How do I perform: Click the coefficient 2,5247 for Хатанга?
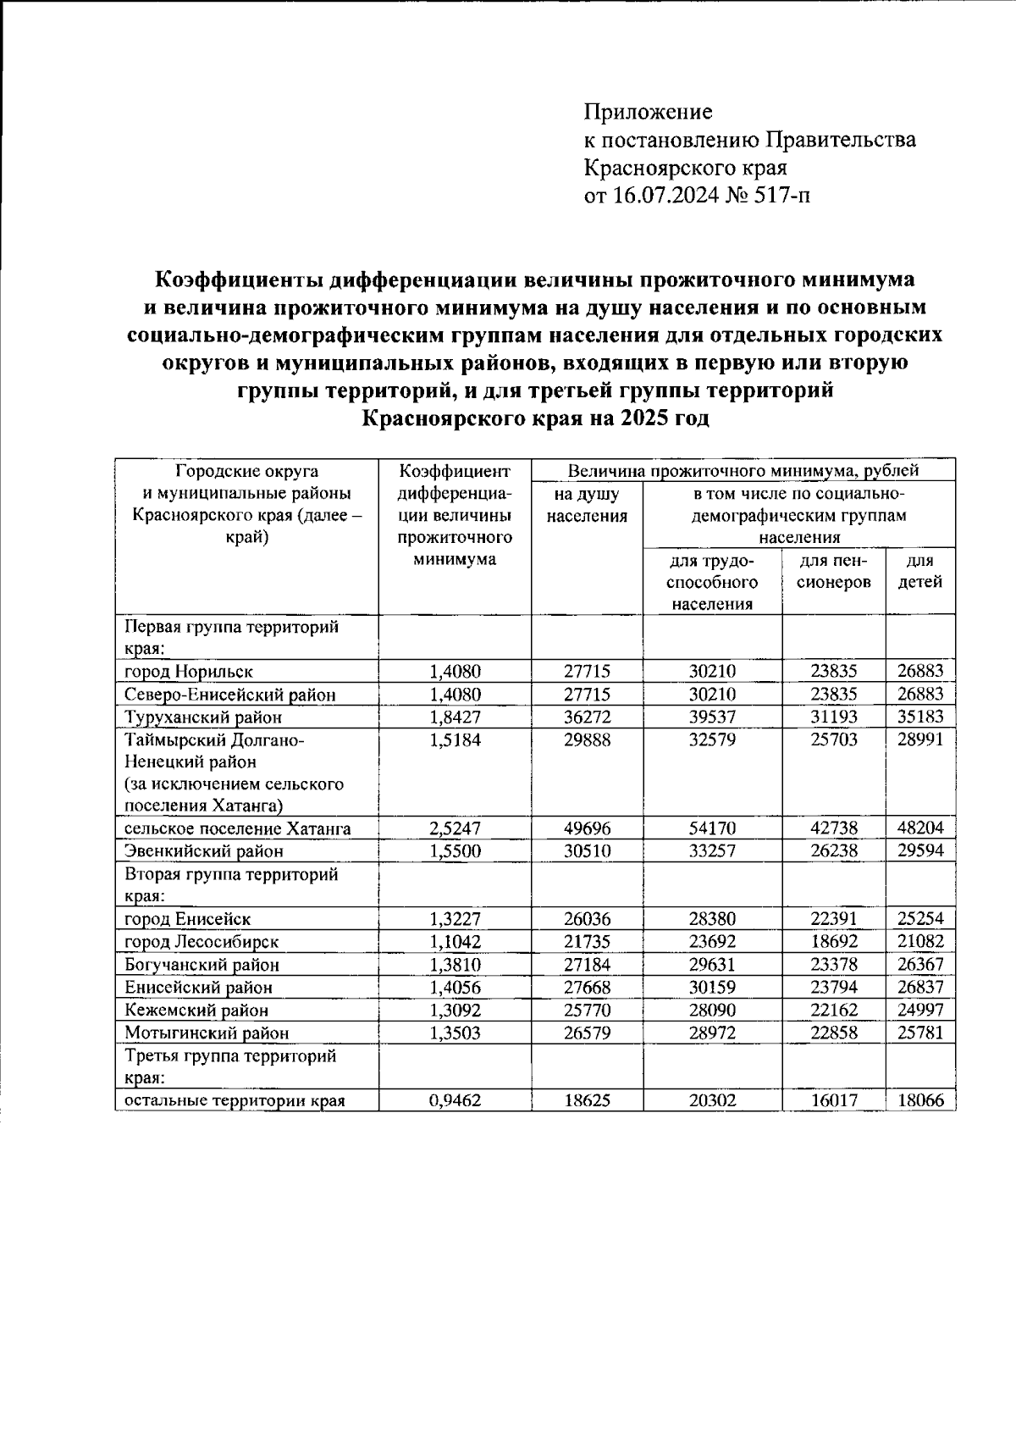pyautogui.click(x=455, y=828)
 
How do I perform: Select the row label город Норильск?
pyautogui.click(x=189, y=672)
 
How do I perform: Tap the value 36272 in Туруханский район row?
pyautogui.click(x=587, y=717)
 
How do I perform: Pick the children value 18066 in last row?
pyautogui.click(x=920, y=1100)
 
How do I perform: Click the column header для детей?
pyautogui.click(x=920, y=572)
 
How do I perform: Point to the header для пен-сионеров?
pyautogui.click(x=834, y=572)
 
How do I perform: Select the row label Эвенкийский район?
pyautogui.click(x=204, y=851)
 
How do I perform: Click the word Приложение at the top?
pyautogui.click(x=649, y=112)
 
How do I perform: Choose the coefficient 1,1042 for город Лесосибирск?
pyautogui.click(x=455, y=942)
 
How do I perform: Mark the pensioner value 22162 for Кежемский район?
pyautogui.click(x=834, y=1011)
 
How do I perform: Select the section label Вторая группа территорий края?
pyautogui.click(x=231, y=884)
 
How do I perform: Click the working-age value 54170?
pyautogui.click(x=712, y=828)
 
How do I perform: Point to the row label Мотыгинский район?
pyautogui.click(x=207, y=1033)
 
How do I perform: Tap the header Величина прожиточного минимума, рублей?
pyautogui.click(x=743, y=470)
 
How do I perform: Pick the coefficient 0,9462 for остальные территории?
pyautogui.click(x=455, y=1100)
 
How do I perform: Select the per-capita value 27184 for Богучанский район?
pyautogui.click(x=587, y=965)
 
